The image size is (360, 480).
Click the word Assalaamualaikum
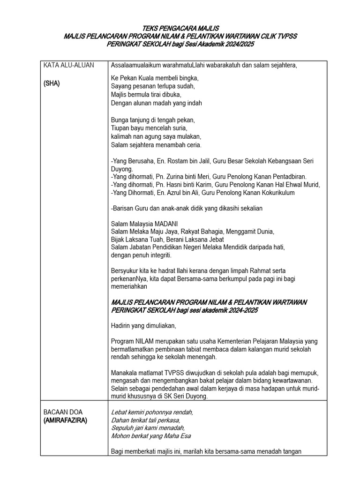[x=135, y=65]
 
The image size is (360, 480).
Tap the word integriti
[x=159, y=255]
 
